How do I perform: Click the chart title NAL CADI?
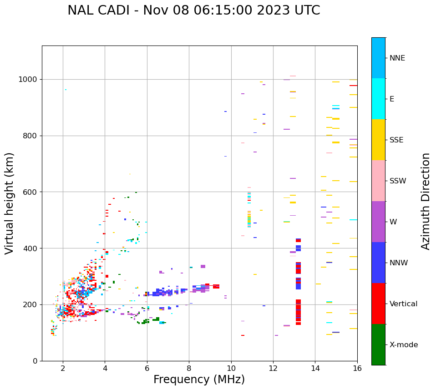click(x=193, y=10)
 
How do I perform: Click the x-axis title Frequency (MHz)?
click(x=199, y=380)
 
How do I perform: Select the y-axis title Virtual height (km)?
click(x=10, y=203)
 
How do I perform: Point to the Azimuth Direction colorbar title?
click(x=426, y=201)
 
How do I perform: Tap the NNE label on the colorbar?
click(x=397, y=58)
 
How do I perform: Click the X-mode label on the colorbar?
click(x=403, y=345)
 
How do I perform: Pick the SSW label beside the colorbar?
click(x=398, y=181)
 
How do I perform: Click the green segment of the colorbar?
click(x=378, y=344)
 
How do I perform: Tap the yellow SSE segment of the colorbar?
click(x=378, y=140)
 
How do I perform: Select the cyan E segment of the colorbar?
click(x=378, y=99)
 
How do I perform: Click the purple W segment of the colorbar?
click(x=378, y=222)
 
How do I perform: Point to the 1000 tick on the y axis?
click(x=29, y=80)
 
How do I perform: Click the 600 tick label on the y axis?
click(x=31, y=192)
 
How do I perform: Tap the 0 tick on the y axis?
click(x=35, y=361)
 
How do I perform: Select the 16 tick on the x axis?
click(x=357, y=368)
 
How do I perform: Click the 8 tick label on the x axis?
click(x=189, y=368)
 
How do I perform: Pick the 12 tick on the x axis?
click(x=273, y=368)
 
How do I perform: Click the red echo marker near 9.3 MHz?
click(x=216, y=286)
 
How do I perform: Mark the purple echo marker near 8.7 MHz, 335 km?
click(x=203, y=266)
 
